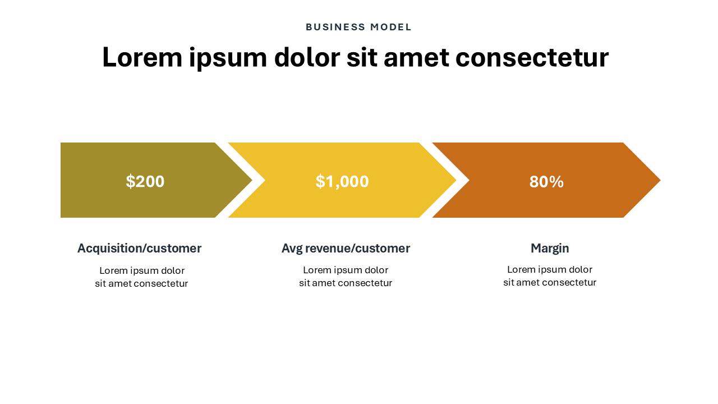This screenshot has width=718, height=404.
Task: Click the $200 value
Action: (x=145, y=181)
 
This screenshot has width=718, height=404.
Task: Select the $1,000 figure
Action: (x=342, y=181)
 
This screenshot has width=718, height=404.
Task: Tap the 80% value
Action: (x=546, y=182)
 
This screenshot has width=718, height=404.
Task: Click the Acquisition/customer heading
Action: (x=140, y=249)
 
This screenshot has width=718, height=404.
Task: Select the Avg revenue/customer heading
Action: (x=346, y=249)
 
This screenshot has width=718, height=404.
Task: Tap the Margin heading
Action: (x=550, y=249)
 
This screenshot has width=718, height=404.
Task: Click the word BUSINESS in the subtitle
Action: (x=335, y=27)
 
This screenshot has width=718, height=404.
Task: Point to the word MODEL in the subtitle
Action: (x=391, y=27)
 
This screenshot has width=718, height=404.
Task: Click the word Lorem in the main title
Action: (x=142, y=58)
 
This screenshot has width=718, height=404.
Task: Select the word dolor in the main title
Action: (x=307, y=58)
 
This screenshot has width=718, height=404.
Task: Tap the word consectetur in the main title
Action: (x=532, y=58)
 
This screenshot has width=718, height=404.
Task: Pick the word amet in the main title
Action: (x=416, y=58)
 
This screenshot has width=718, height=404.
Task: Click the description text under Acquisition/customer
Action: (x=142, y=277)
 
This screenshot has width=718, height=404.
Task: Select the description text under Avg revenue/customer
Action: (x=346, y=277)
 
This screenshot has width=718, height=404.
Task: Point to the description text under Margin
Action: (x=550, y=276)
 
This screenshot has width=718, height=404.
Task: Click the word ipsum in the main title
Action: (x=228, y=59)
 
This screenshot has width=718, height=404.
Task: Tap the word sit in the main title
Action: (x=362, y=58)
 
